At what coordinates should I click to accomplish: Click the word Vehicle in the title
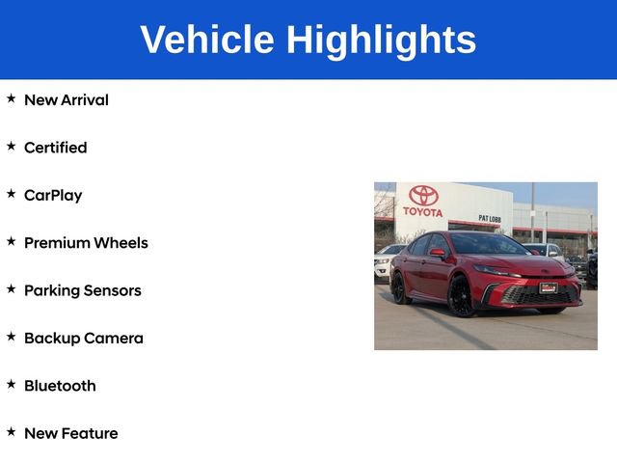pos(206,40)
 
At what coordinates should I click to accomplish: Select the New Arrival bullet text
pos(66,100)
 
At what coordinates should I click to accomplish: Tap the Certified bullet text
pos(55,148)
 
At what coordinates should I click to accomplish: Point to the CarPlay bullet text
pos(53,196)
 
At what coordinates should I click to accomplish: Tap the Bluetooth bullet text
pos(60,386)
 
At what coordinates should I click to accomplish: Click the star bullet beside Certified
pos(12,147)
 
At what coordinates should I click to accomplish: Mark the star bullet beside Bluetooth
pos(12,385)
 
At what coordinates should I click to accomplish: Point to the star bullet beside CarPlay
pos(12,194)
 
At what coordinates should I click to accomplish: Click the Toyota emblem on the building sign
pos(423,196)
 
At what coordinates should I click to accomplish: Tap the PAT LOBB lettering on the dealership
pos(489,218)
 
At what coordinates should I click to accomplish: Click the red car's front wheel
pos(462,297)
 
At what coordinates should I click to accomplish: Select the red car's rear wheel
pos(400,287)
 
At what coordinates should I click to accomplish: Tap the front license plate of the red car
pos(548,287)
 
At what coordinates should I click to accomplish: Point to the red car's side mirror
pos(438,254)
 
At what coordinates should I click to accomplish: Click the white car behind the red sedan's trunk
pos(385,261)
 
